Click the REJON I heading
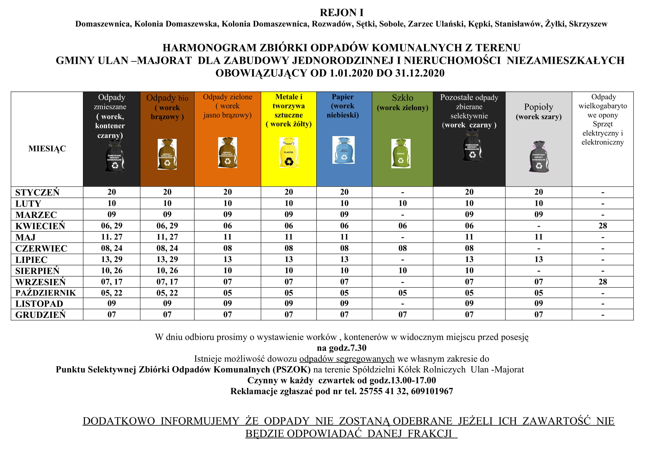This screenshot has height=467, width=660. point(341,13)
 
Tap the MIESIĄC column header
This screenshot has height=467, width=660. point(47,149)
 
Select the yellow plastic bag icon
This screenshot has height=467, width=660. point(288,153)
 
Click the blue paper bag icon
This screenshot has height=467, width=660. point(343,150)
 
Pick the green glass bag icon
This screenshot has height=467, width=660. point(401,154)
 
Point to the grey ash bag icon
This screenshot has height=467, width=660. point(539,157)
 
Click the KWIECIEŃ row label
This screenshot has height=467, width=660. point(40,226)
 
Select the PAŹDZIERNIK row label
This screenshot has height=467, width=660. point(45,293)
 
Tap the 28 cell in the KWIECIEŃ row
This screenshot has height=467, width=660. point(602,226)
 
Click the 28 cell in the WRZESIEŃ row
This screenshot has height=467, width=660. point(602,282)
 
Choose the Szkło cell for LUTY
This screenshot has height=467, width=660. point(402,204)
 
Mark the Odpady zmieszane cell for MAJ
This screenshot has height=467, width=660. point(111,237)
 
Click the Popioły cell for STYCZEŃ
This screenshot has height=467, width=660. point(538,192)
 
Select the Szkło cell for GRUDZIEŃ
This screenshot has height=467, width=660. point(402,315)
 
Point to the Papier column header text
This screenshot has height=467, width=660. point(343,106)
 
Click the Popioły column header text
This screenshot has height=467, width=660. point(538,111)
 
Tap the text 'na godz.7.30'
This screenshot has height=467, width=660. point(341,348)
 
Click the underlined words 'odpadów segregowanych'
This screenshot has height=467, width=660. point(347,359)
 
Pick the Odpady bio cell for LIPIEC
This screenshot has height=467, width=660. point(167,259)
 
